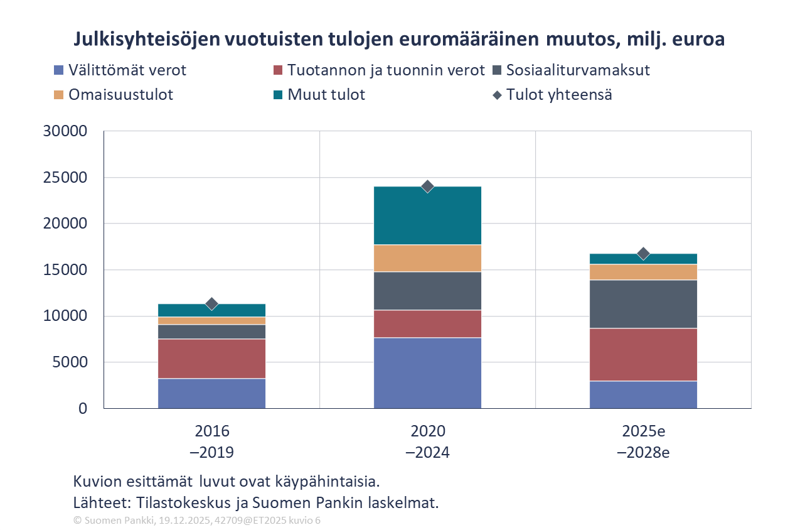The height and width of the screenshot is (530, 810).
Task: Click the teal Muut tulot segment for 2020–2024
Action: click(427, 215)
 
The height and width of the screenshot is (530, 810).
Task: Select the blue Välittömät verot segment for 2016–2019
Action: click(212, 393)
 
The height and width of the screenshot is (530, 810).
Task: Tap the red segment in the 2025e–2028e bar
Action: click(643, 355)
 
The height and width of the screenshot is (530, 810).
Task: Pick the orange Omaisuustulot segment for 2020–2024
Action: click(427, 258)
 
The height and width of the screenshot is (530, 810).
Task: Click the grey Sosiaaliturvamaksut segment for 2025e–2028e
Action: click(643, 304)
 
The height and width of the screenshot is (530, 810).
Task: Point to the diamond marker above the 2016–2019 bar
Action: click(212, 304)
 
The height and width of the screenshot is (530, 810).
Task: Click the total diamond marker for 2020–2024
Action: click(428, 186)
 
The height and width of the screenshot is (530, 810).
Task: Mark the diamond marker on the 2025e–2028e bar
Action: click(643, 254)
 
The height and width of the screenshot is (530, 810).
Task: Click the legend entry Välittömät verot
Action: click(127, 70)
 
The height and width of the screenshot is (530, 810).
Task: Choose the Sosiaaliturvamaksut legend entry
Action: click(578, 70)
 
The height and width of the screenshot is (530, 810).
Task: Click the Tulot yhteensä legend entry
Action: click(559, 95)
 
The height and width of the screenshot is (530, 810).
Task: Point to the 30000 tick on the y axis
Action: click(64, 131)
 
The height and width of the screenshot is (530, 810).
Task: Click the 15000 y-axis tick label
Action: click(64, 270)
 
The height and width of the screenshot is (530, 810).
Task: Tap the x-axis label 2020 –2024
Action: click(428, 441)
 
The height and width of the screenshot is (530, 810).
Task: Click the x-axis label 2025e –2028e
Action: click(643, 441)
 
